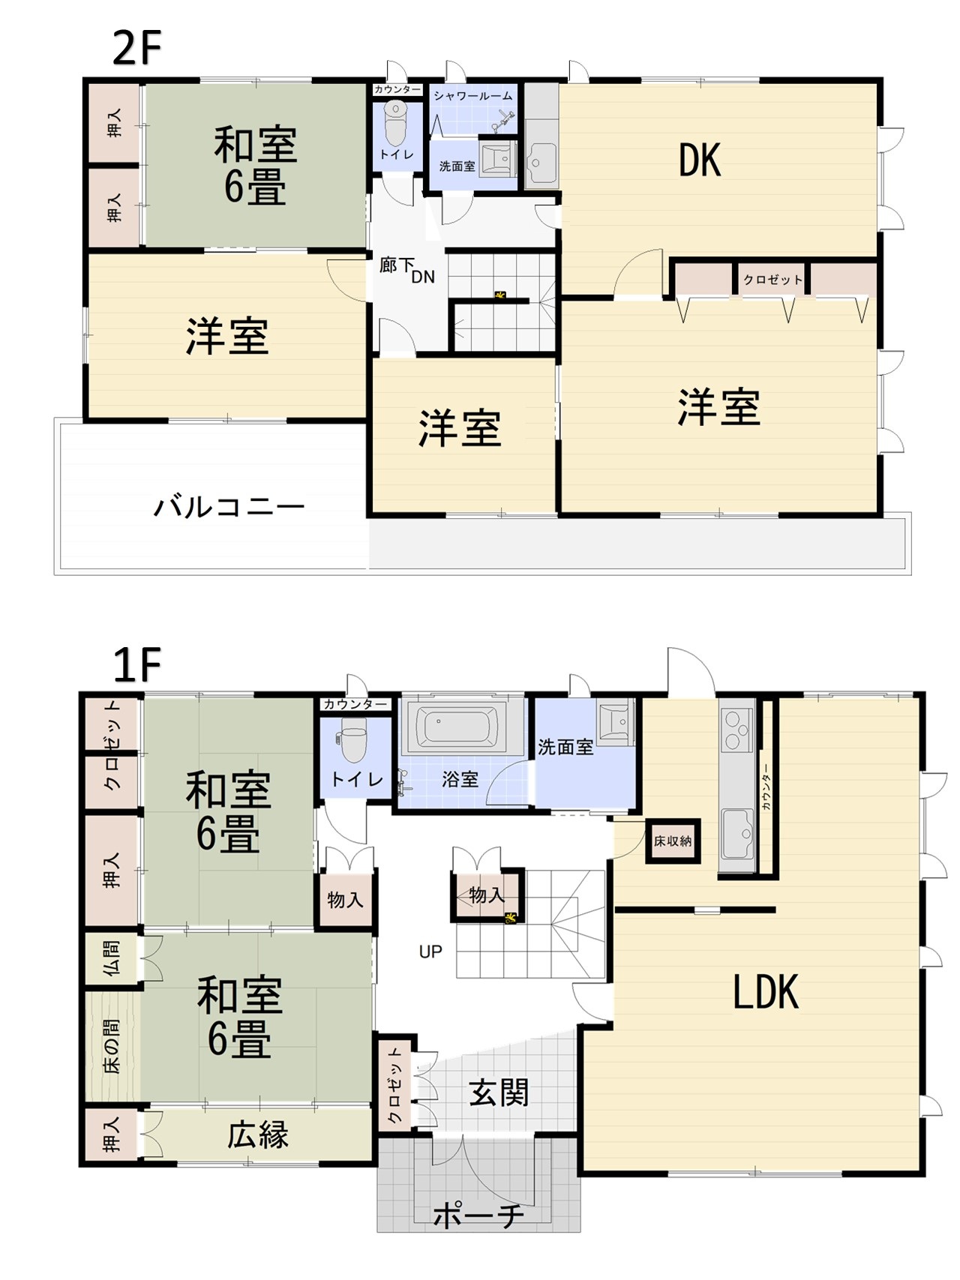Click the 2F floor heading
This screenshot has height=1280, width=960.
click(x=136, y=49)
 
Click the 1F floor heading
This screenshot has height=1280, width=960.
click(x=136, y=665)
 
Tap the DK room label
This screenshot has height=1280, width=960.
click(x=700, y=160)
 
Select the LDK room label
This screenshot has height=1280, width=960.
click(x=766, y=992)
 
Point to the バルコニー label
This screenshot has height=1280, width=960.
click(x=229, y=507)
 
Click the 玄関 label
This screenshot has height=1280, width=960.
click(x=499, y=1093)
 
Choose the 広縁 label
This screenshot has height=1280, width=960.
click(x=258, y=1135)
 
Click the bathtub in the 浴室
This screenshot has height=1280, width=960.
click(x=457, y=727)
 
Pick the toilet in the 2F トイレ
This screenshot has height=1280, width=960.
click(x=395, y=124)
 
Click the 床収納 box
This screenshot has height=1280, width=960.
click(x=673, y=841)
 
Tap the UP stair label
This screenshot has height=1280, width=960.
click(x=430, y=952)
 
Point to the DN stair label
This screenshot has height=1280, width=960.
click(x=423, y=277)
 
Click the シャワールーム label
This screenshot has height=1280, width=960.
click(x=472, y=96)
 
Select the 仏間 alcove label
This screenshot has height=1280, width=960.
click(x=112, y=958)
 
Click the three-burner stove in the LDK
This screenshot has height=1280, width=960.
click(x=736, y=730)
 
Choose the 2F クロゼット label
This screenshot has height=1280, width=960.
click(x=772, y=280)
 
